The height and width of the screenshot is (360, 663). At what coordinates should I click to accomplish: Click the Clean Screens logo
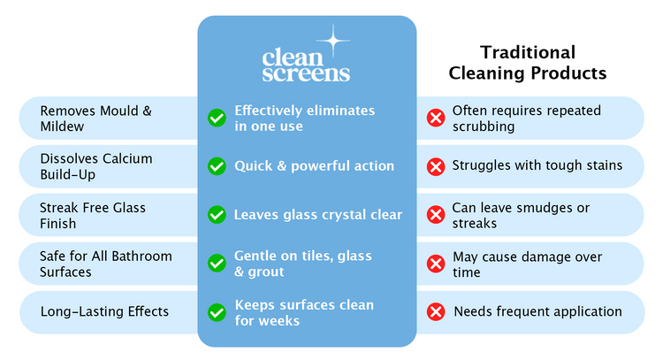pos(306,65)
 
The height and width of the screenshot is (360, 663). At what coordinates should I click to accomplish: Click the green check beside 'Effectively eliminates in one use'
pos(217,118)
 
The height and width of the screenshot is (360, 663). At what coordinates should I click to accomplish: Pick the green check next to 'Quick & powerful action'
pos(217,166)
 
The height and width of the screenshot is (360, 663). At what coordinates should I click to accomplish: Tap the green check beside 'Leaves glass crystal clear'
pos(217,215)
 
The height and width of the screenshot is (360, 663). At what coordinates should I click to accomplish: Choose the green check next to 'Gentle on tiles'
pos(217,264)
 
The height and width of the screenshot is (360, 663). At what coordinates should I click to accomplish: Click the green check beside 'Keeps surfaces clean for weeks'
pos(217,312)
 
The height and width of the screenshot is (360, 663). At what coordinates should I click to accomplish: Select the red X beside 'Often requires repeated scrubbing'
pos(435,118)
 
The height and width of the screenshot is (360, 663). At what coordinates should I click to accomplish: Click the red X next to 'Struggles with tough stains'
pos(435,166)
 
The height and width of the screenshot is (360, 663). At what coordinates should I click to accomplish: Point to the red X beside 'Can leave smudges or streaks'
pos(435,215)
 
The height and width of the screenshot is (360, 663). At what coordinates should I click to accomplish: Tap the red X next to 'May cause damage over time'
pos(435,264)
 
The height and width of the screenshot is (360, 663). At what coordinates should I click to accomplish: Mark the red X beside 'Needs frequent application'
pos(435,312)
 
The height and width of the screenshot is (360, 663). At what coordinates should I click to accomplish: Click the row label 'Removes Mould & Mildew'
pos(96,119)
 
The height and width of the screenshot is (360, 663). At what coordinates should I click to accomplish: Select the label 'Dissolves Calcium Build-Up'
pos(96,166)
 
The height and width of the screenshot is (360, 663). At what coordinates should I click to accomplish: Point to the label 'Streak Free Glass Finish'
pos(93,215)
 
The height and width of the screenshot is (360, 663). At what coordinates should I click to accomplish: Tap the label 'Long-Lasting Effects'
pos(104,311)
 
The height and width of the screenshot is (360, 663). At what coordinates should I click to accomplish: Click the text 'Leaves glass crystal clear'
pos(317,215)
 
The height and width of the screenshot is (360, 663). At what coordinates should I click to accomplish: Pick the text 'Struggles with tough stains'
pos(537,165)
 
